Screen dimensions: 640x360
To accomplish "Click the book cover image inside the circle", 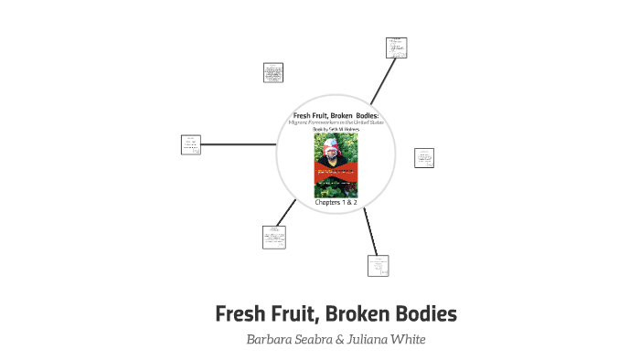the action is tap(336, 165).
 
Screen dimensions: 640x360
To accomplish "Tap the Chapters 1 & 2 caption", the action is tap(336, 202).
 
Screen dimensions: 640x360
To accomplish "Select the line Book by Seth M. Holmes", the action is tap(336, 130).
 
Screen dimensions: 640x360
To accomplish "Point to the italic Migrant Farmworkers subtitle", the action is tap(336, 122).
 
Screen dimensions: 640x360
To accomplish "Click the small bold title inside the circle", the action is tap(336, 114).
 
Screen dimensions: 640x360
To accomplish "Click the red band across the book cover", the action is tap(336, 171).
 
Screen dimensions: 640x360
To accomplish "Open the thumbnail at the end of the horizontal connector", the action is tap(192, 144).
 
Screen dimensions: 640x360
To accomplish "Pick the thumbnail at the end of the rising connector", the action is tap(396, 48).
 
